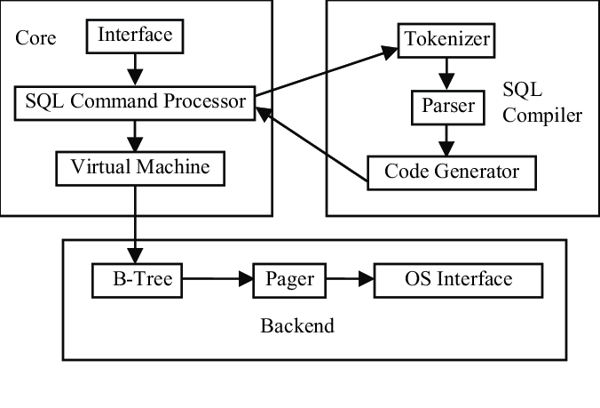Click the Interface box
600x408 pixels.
(x=134, y=36)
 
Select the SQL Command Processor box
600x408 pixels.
(x=134, y=102)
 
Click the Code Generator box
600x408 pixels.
(x=452, y=172)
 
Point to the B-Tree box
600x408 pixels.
(x=137, y=280)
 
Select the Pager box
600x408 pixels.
(x=290, y=280)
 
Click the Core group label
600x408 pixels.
(x=36, y=38)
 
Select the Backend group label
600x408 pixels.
(x=297, y=325)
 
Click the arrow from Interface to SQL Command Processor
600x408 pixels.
(x=134, y=68)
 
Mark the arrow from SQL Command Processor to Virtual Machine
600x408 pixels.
(x=134, y=134)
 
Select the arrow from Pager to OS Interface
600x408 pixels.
(x=350, y=280)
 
